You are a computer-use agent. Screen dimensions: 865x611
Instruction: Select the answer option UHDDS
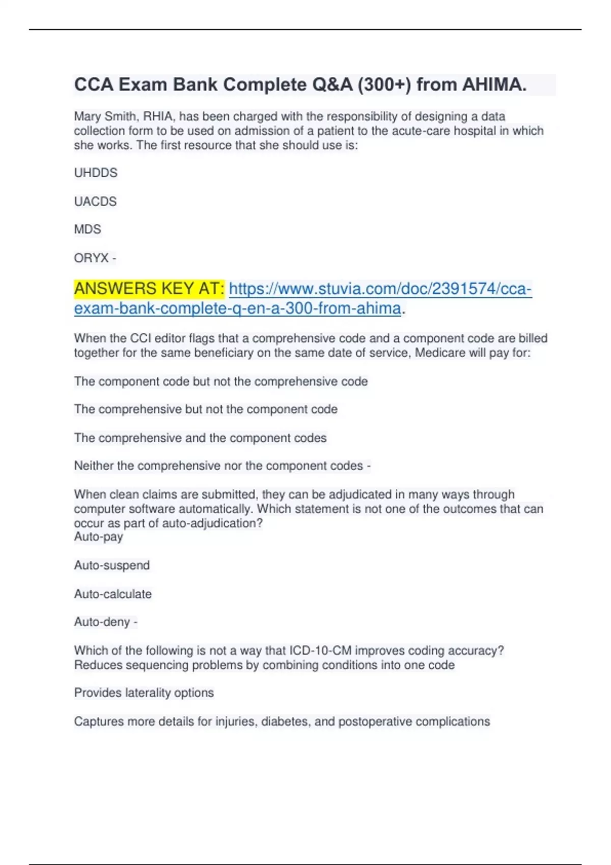pyautogui.click(x=96, y=173)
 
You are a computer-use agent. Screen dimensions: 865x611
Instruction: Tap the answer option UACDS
pyautogui.click(x=95, y=201)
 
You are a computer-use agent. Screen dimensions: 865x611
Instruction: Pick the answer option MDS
pyautogui.click(x=88, y=229)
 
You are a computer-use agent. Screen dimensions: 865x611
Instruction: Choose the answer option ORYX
pyautogui.click(x=92, y=258)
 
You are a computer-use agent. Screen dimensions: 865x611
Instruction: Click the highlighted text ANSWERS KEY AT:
pyautogui.click(x=149, y=289)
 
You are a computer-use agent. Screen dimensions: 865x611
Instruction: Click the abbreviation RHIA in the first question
pyautogui.click(x=158, y=117)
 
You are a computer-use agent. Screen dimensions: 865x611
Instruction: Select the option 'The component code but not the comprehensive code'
pyautogui.click(x=220, y=382)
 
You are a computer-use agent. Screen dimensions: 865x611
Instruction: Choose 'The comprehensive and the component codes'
pyautogui.click(x=200, y=438)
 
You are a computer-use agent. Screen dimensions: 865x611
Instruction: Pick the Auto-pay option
pyautogui.click(x=98, y=537)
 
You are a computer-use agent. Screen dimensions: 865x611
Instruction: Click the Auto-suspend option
pyautogui.click(x=112, y=565)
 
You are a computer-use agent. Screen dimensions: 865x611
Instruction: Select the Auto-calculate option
pyautogui.click(x=113, y=594)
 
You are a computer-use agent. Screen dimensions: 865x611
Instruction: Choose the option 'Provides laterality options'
pyautogui.click(x=144, y=693)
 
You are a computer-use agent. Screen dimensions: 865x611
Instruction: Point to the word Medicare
pyautogui.click(x=437, y=353)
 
